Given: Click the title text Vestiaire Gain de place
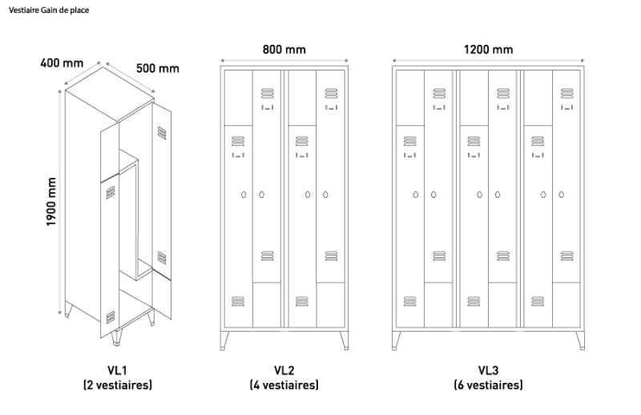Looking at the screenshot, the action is [x=49, y=10].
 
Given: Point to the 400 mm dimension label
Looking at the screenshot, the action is [x=62, y=63].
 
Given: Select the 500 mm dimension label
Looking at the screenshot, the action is [x=158, y=68].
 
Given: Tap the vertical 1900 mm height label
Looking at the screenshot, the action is [x=50, y=202].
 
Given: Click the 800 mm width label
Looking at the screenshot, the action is [x=284, y=50].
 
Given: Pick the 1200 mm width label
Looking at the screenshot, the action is [x=488, y=50].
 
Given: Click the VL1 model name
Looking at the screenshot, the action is [x=117, y=370].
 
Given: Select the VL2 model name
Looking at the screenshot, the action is [x=284, y=370].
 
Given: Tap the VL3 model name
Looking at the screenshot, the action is [x=488, y=370].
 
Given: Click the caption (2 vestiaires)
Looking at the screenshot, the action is [x=117, y=385].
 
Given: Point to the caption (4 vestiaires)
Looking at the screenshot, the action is [x=284, y=385].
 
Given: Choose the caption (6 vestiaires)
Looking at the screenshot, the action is [x=488, y=385].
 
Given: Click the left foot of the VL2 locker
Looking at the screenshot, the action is [x=224, y=340].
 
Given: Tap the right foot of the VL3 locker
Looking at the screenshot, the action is [x=580, y=340].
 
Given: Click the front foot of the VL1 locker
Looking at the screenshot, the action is [x=116, y=337].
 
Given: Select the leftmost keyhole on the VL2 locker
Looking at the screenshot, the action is [x=244, y=195].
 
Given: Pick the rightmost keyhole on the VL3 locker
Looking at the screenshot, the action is [x=562, y=195].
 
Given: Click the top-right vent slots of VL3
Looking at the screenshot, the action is [x=567, y=93].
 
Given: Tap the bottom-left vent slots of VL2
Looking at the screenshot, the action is [x=238, y=301].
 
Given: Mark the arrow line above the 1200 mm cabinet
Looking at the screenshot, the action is [x=488, y=61].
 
